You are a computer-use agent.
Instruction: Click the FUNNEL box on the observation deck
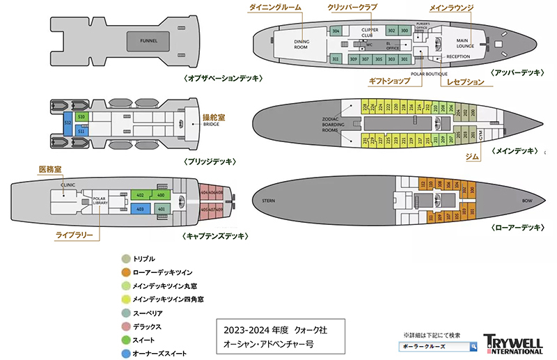coord(148,41)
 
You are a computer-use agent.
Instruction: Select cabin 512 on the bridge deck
coord(68,123)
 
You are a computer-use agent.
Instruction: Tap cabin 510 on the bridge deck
coord(81,116)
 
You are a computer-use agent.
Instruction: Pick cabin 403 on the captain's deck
coord(140,208)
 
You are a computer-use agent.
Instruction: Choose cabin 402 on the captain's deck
coord(140,195)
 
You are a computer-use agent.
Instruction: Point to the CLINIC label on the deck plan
coord(68,186)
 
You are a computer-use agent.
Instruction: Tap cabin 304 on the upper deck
coord(336,31)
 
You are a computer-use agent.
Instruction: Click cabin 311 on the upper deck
coord(336,59)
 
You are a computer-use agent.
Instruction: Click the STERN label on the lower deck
coord(269,201)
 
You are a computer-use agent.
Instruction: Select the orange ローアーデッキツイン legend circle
coord(126,272)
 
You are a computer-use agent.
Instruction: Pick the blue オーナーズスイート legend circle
coord(126,353)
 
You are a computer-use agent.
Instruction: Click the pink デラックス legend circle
coord(126,326)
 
